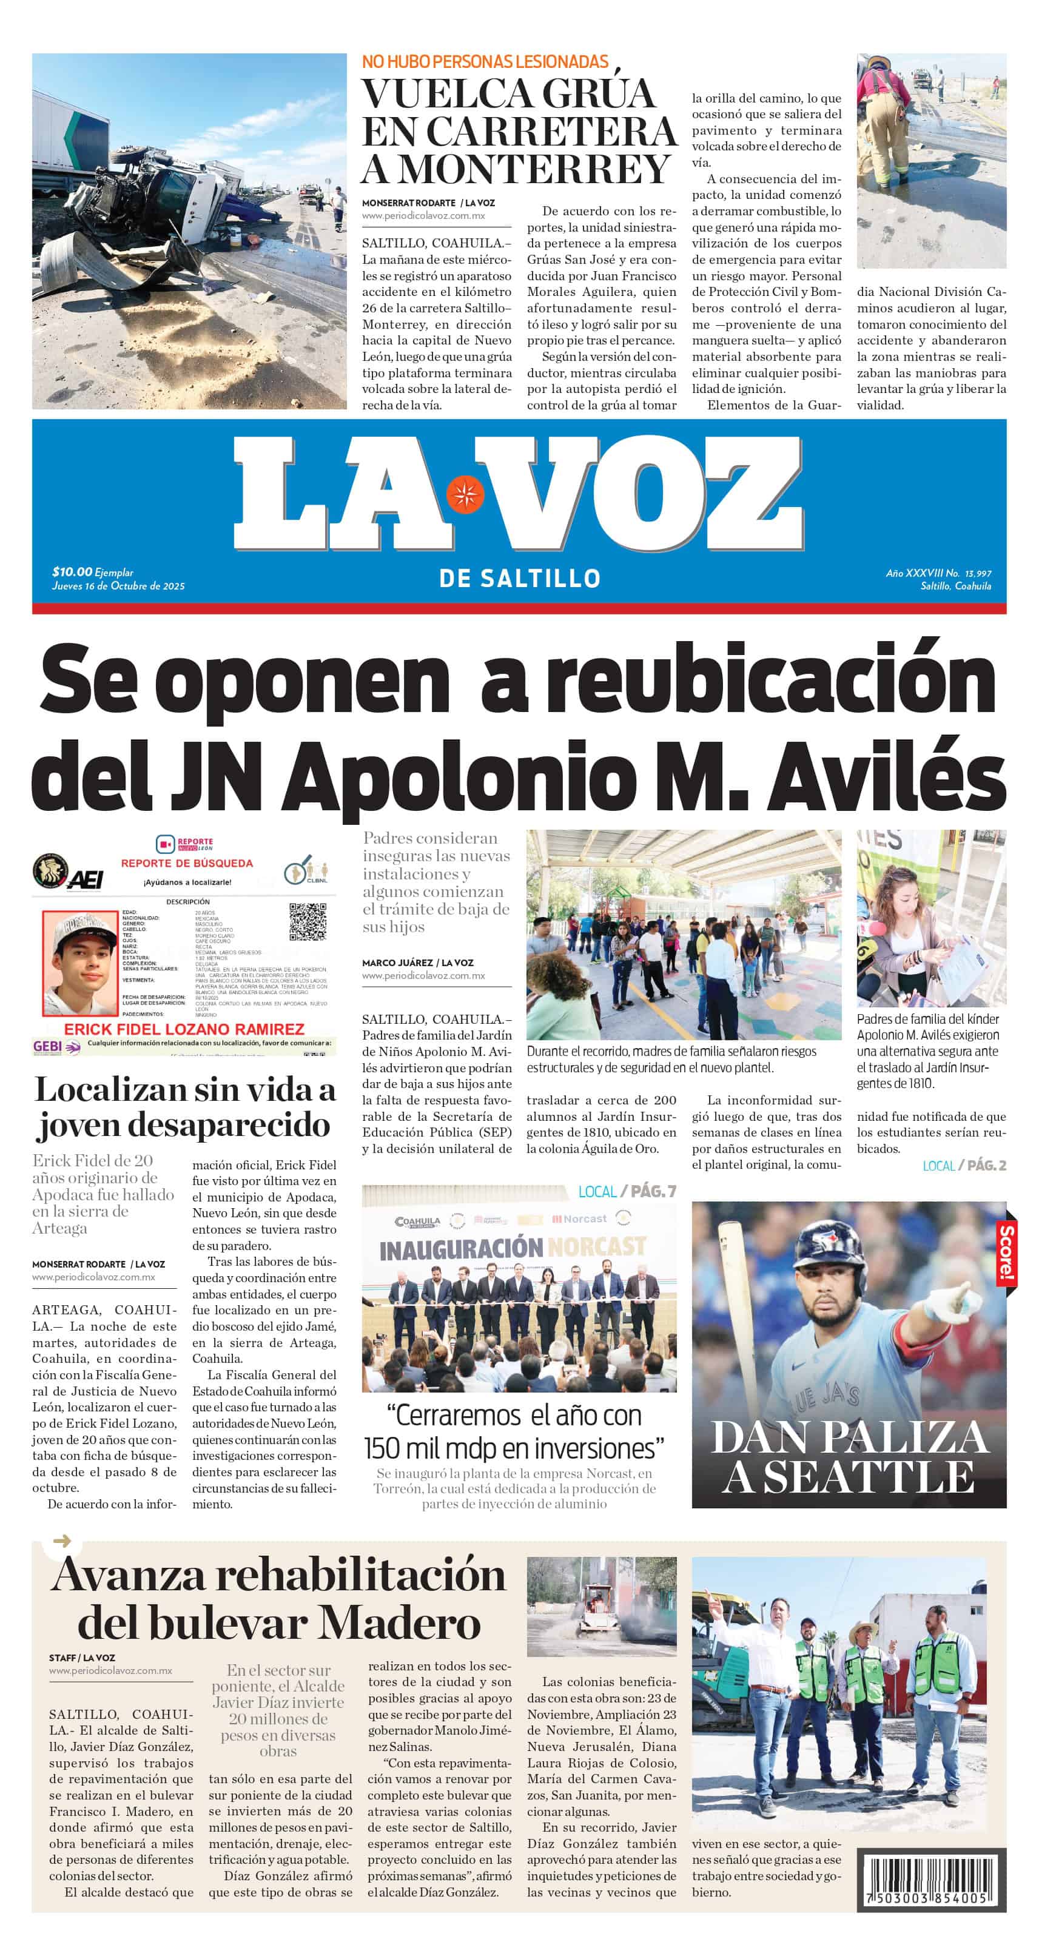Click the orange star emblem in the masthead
(465, 495)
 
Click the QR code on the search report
(308, 922)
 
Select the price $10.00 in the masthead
(72, 572)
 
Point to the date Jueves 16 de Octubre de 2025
(118, 585)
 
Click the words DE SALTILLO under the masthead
(519, 579)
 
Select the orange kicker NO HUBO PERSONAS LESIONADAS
(485, 61)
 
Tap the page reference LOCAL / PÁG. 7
(627, 1191)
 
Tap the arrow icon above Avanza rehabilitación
(62, 1541)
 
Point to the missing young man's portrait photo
(79, 962)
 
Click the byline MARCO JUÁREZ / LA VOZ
(417, 963)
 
